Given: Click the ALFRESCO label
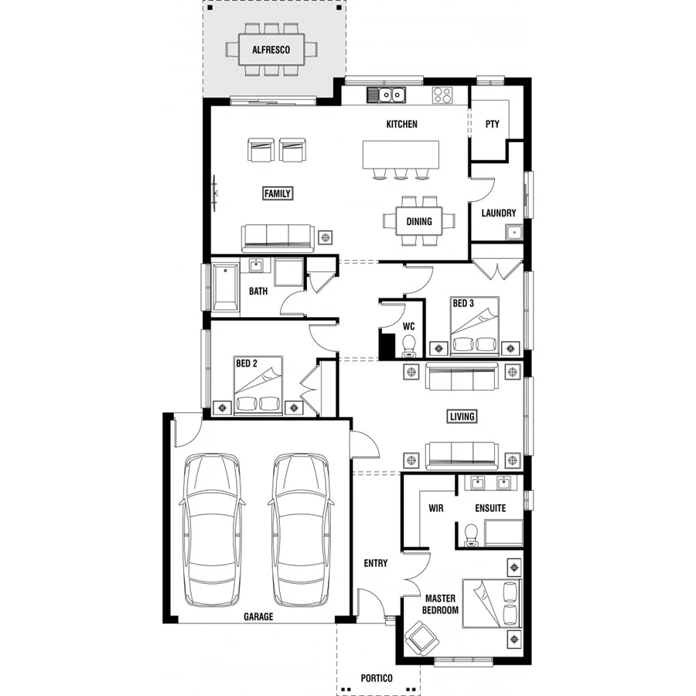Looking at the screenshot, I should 270,50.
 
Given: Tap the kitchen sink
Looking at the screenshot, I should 387,95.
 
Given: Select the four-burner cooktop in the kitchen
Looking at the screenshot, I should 442,95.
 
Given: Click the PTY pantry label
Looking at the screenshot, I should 492,124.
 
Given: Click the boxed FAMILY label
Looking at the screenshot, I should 278,193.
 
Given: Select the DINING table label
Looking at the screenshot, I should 419,222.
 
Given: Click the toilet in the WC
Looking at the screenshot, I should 410,344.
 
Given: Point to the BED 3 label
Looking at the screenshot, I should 463,304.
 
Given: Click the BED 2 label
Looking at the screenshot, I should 246,363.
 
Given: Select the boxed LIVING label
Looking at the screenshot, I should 462,417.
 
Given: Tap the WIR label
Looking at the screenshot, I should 435,508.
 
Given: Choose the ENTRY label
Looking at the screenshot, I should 376,563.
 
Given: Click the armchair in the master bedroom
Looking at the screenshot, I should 421,639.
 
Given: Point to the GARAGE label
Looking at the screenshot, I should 258,617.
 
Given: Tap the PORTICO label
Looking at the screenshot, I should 377,678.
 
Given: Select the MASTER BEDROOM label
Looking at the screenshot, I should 442,604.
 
